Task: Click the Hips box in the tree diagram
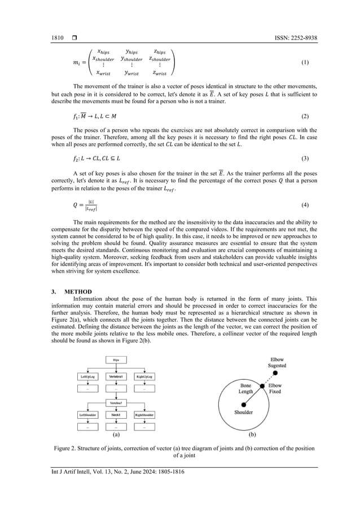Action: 116,359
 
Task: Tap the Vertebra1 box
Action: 116,376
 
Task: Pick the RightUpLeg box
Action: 144,376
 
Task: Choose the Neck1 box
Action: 116,415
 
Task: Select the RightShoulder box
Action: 144,415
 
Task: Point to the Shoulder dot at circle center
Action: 244,404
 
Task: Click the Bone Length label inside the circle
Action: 245,388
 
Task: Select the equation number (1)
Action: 305,62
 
